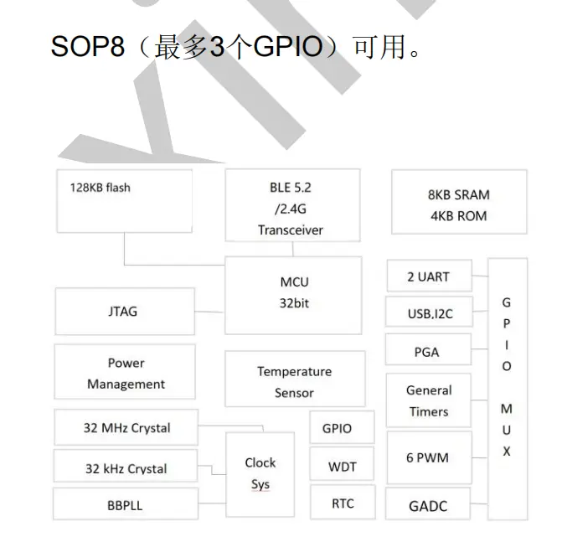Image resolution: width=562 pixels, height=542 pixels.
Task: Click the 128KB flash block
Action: click(124, 201)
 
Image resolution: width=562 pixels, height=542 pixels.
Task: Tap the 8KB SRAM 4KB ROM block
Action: click(458, 204)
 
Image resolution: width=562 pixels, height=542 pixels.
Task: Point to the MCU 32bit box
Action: click(293, 293)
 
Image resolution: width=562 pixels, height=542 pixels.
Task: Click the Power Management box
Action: click(125, 373)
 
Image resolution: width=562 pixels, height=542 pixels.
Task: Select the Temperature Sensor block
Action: click(294, 381)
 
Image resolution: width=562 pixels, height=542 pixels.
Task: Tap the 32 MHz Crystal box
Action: click(126, 428)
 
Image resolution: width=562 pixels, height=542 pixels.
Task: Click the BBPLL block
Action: click(125, 506)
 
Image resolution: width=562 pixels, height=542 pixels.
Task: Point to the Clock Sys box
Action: click(260, 474)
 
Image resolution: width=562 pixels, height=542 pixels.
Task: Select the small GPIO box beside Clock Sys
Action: click(337, 428)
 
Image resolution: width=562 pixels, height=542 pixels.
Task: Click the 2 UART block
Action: click(428, 276)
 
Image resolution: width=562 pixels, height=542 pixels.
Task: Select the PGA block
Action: click(427, 352)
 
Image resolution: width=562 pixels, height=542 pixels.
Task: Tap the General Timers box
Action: click(428, 400)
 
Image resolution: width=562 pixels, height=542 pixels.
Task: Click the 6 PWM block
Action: click(428, 457)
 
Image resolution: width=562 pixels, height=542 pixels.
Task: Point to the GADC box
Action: click(428, 506)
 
